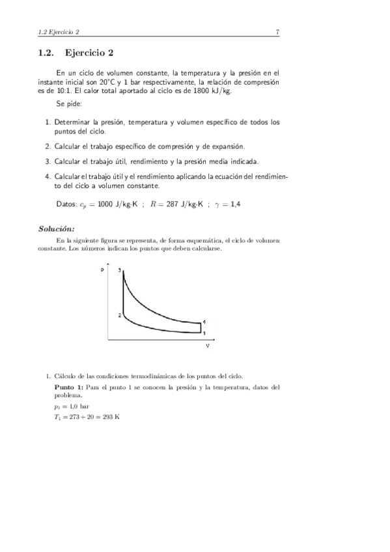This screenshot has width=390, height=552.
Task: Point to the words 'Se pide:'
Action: [68, 104]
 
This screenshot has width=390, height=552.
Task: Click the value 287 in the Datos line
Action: [171, 204]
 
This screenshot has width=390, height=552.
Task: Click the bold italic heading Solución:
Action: [57, 228]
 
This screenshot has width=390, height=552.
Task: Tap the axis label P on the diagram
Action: [111, 269]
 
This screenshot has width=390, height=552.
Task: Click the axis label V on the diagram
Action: [207, 346]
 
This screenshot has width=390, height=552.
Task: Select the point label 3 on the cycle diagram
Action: [120, 269]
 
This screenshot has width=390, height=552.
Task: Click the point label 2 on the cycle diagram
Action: [119, 316]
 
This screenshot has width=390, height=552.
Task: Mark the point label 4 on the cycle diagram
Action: [204, 322]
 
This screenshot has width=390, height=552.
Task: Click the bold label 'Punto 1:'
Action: [68, 387]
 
